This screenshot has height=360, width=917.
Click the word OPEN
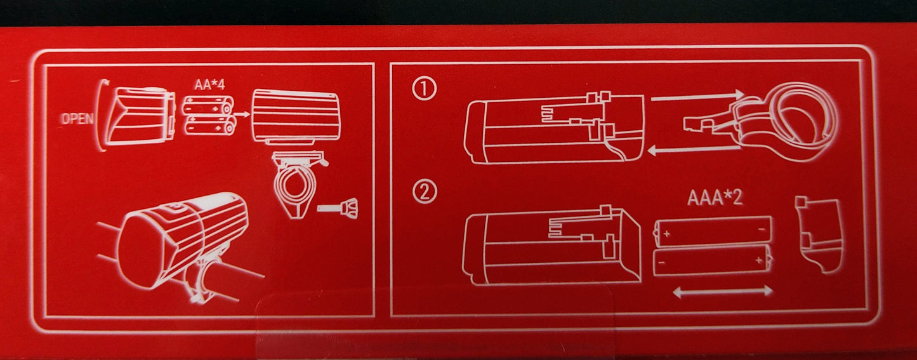[x=77, y=118]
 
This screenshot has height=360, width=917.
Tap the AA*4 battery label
[x=209, y=85]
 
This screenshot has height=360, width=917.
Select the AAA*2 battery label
[x=715, y=198]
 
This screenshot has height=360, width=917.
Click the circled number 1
[x=424, y=89]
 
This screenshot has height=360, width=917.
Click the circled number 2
[x=424, y=192]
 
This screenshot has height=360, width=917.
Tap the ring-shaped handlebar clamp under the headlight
[x=296, y=184]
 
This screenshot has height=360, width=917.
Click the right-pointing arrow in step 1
[x=697, y=97]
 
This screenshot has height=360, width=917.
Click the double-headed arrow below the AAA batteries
[x=723, y=291]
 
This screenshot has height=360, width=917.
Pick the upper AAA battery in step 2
[x=712, y=232]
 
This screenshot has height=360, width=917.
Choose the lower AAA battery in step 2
[x=712, y=260]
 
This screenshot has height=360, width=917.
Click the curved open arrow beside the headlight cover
[x=101, y=115]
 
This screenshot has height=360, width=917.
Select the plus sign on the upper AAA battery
[x=666, y=234]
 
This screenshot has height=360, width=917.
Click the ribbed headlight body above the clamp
[x=296, y=116]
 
